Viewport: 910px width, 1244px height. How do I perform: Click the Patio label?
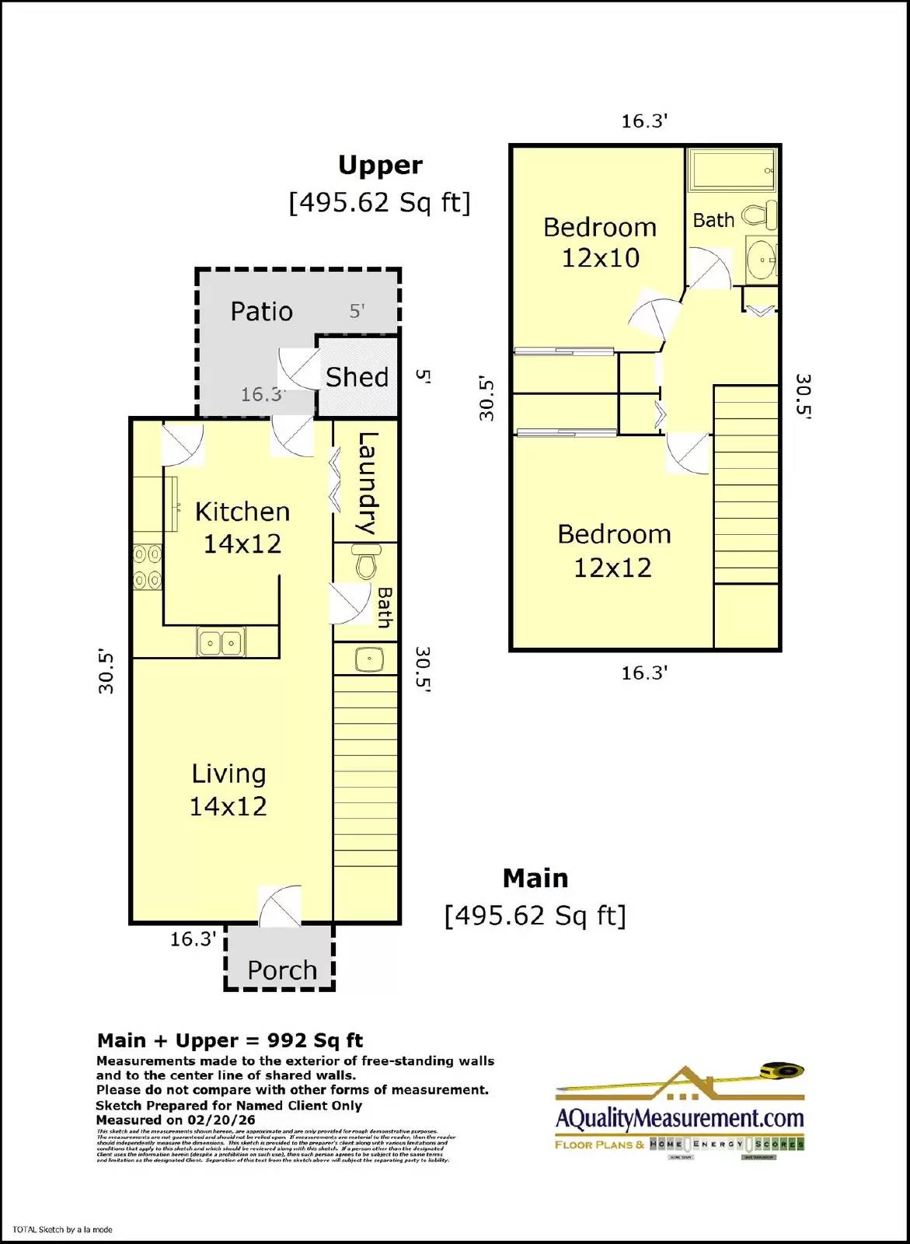point(262,312)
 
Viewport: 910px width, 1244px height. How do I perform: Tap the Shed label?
point(357,378)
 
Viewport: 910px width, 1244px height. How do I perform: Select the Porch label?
point(282,970)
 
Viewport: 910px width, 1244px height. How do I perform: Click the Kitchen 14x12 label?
point(242,527)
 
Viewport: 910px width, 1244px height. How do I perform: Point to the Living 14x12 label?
point(228,790)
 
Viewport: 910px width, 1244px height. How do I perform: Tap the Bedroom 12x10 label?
point(600,243)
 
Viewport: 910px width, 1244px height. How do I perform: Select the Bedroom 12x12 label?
point(614,550)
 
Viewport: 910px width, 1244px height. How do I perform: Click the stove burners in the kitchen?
point(147,567)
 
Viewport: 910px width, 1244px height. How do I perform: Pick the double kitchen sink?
point(221,643)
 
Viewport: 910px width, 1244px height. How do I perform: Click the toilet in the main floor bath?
point(365,561)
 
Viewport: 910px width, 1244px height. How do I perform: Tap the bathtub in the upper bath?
point(732,170)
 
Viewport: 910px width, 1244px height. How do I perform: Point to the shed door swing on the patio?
point(299,368)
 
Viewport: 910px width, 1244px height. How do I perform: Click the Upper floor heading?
point(380,166)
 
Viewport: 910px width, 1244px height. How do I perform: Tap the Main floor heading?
point(535,879)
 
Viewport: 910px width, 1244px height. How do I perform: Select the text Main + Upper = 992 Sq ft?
point(230,1040)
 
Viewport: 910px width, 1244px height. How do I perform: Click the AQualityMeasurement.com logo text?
point(679,1119)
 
